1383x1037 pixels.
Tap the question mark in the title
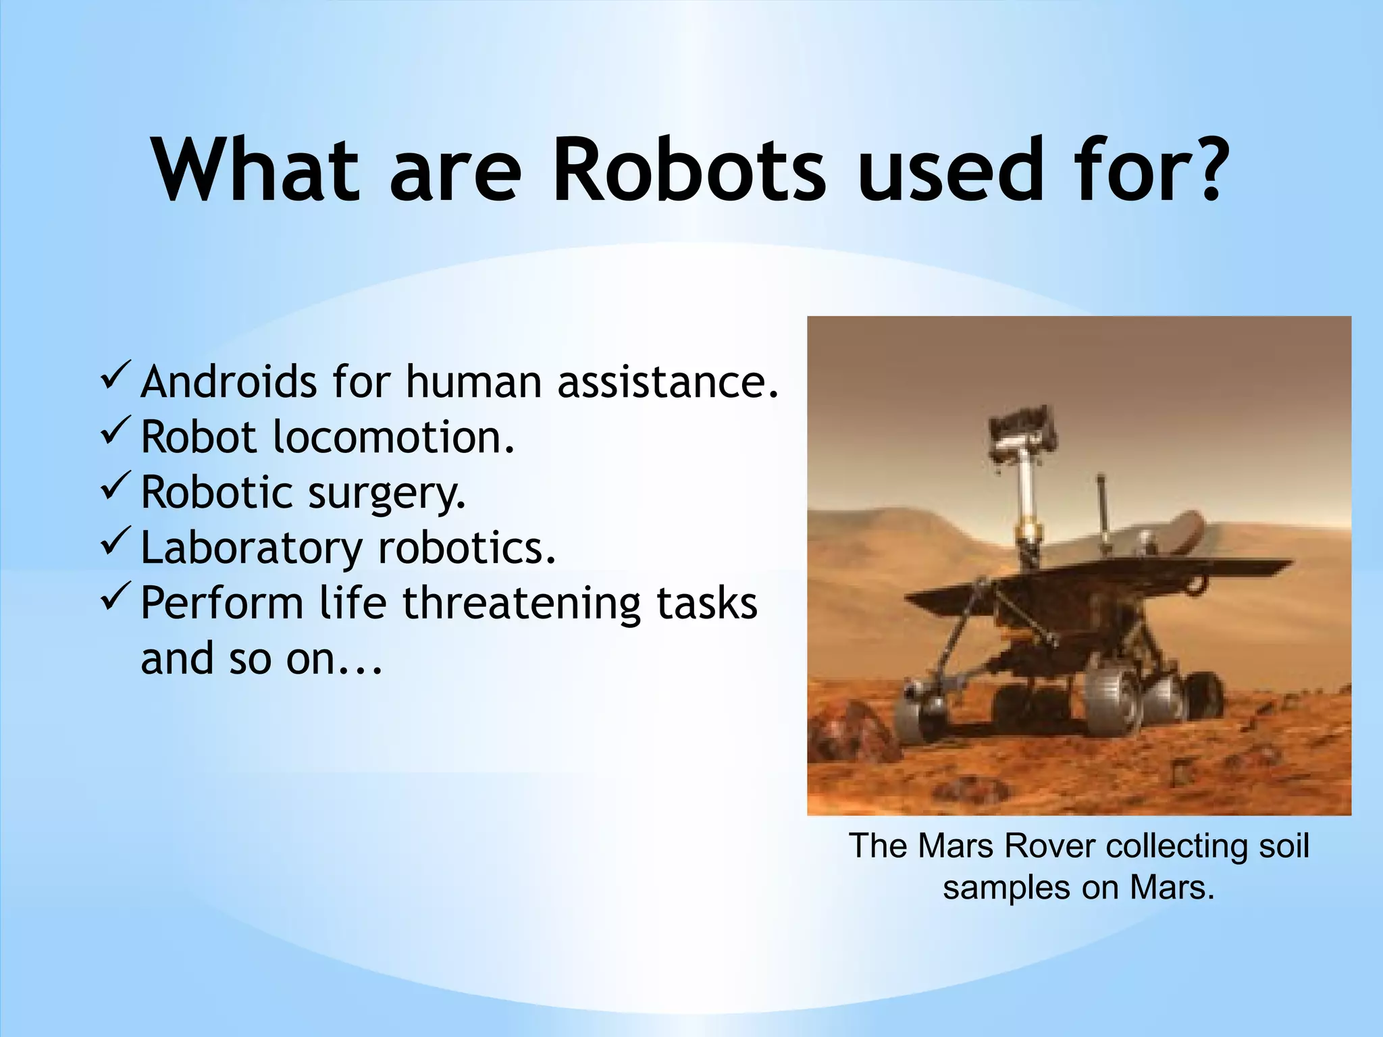click(1201, 169)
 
